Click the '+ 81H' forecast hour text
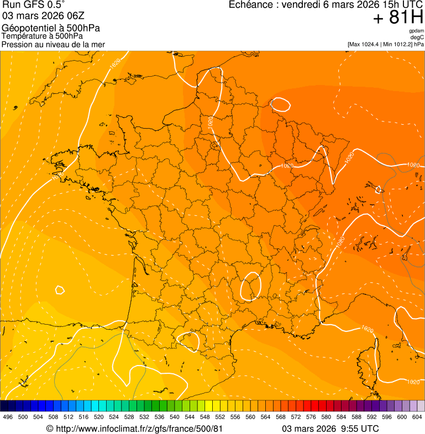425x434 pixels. pos(398,18)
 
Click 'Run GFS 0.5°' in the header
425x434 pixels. pos(33,6)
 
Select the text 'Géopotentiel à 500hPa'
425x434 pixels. pos(51,28)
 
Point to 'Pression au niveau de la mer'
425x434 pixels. pos(53,44)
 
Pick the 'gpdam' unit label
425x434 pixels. pos(416,31)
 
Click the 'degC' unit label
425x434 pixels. pos(417,38)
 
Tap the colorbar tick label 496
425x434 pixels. pos(8,417)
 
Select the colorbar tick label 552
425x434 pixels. pos(220,417)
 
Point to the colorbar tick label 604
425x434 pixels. pos(417,417)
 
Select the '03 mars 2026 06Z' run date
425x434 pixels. pos(36,17)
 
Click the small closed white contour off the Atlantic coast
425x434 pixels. pos(60,289)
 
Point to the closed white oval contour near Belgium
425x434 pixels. pos(280,103)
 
